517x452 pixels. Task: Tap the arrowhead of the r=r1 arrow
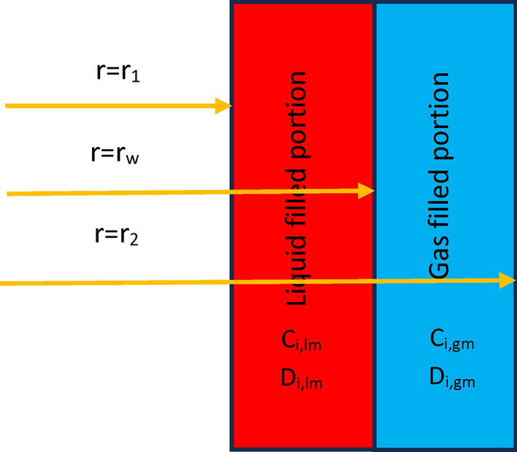click(223, 106)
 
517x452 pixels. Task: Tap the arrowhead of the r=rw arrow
click(367, 191)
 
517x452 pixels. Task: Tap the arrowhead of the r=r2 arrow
click(508, 280)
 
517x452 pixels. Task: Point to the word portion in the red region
click(296, 110)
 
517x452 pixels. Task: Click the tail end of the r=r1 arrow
click(7, 106)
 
